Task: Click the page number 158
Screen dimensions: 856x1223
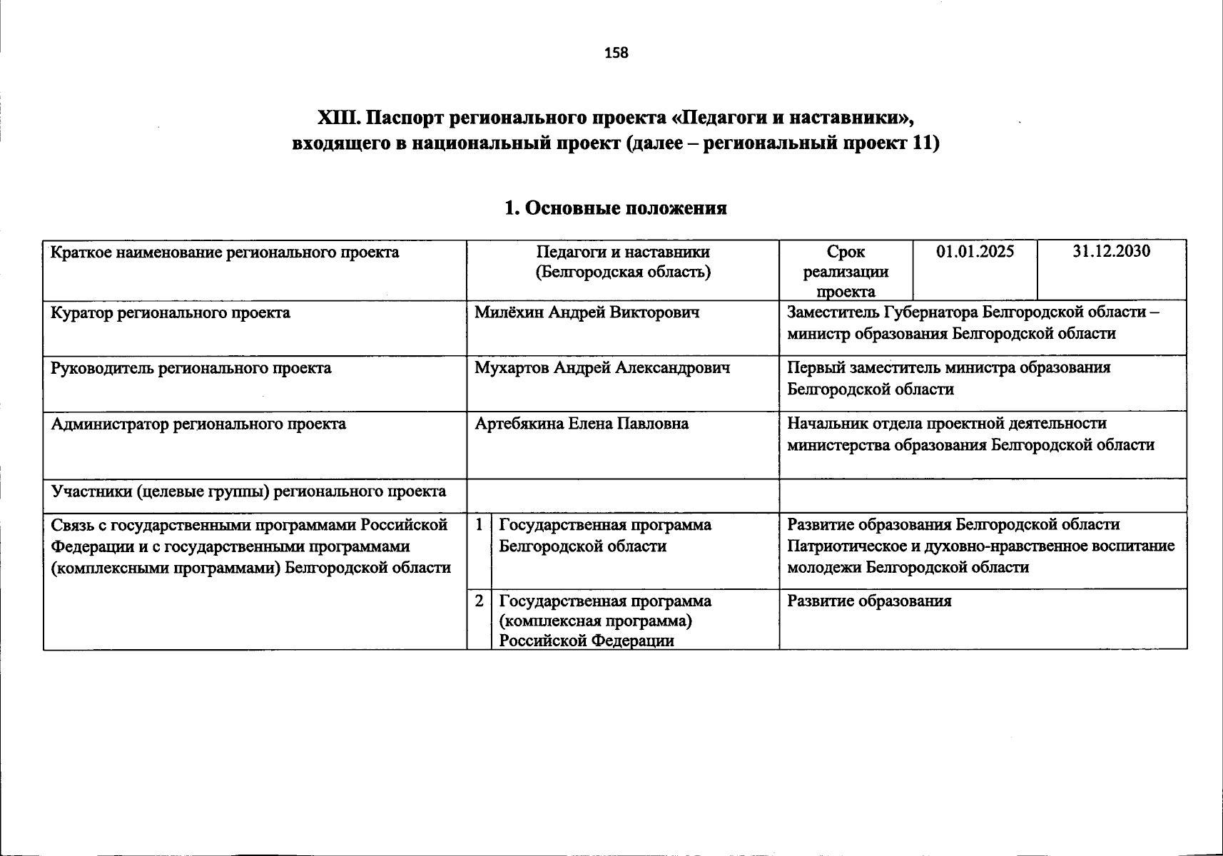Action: [616, 53]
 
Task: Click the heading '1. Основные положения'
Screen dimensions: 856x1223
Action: [615, 208]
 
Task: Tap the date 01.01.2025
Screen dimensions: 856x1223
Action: [975, 252]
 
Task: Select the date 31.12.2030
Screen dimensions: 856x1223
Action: [1111, 252]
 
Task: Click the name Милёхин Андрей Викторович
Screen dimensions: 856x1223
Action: [587, 312]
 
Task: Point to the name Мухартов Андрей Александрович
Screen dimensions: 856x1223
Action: [602, 368]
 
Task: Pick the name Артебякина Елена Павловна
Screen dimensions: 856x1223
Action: [582, 424]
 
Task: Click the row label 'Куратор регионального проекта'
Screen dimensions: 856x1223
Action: [171, 312]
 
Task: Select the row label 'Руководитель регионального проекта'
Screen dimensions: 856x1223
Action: [191, 368]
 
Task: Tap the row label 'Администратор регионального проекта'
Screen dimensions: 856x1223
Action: [198, 424]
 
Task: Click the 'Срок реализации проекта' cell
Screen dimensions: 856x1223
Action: [846, 271]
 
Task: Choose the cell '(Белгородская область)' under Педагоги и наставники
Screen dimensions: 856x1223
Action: [623, 272]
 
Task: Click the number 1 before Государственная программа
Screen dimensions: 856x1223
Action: [479, 524]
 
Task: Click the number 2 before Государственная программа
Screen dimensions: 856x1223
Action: [479, 601]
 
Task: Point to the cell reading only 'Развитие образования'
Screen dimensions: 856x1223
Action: [869, 601]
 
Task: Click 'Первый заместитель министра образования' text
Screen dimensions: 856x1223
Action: [948, 368]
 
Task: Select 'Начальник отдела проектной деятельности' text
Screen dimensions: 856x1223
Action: [947, 424]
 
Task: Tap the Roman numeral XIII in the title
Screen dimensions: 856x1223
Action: [340, 117]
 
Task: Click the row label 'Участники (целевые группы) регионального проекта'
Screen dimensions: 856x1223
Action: [248, 491]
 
